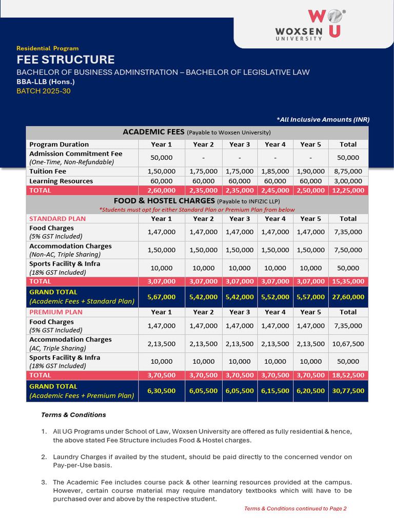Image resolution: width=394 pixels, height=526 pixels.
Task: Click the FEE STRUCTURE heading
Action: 66,60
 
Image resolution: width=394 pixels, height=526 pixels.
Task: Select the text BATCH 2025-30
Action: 44,91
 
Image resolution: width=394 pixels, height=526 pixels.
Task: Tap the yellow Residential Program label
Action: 48,48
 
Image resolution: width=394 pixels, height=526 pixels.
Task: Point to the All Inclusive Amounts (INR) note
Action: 323,120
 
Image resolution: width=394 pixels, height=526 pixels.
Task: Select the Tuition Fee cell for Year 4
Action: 275,172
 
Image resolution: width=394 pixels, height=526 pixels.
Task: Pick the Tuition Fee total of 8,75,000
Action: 348,172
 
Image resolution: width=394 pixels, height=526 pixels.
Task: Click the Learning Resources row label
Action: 61,181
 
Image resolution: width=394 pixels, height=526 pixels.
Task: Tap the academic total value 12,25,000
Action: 348,190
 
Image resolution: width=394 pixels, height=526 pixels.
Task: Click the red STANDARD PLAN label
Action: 57,218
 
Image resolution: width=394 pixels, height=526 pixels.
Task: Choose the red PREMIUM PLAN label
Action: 56,312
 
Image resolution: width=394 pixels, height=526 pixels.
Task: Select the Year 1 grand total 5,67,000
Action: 161,297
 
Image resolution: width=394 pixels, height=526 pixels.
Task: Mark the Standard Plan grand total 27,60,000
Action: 348,297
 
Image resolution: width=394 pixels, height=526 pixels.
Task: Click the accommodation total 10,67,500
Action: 348,344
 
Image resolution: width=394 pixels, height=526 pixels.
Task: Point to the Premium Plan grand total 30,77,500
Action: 348,391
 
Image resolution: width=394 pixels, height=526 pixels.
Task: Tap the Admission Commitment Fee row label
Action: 75,154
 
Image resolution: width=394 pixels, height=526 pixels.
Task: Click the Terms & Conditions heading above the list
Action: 73,415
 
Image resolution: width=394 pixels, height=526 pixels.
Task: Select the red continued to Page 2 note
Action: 295,509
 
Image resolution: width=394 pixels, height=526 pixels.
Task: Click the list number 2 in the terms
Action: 44,457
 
